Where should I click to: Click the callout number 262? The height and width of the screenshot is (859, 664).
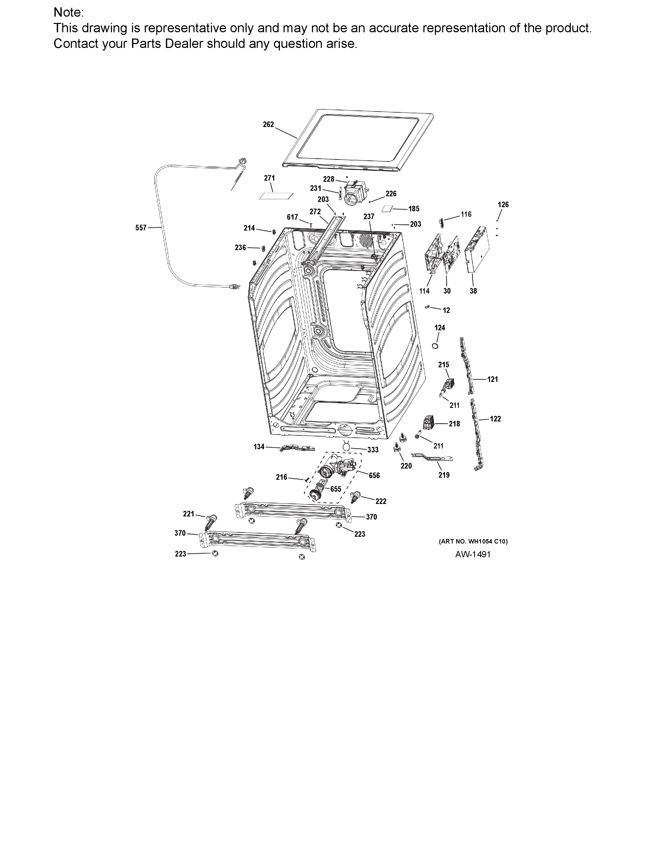coord(268,125)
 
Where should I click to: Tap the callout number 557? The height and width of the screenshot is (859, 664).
coord(141,228)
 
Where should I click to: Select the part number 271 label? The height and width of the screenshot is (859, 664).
coord(270,178)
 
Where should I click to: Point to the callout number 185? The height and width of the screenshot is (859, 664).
coord(414,209)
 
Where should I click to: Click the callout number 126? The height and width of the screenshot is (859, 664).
coord(503,205)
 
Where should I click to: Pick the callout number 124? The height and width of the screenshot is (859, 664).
coord(440,328)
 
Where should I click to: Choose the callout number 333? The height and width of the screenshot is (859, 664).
coord(373,450)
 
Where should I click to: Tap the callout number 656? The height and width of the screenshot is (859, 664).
coord(374,476)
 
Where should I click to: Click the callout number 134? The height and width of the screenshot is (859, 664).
coord(259,446)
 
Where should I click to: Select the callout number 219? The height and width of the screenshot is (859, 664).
coord(444,475)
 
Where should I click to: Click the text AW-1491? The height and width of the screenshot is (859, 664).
coord(473,554)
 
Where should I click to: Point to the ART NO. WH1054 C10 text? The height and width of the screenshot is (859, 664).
coord(473,542)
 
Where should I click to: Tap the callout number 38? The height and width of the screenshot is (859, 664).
coord(473,291)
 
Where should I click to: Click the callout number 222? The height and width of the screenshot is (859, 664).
coord(381,502)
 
